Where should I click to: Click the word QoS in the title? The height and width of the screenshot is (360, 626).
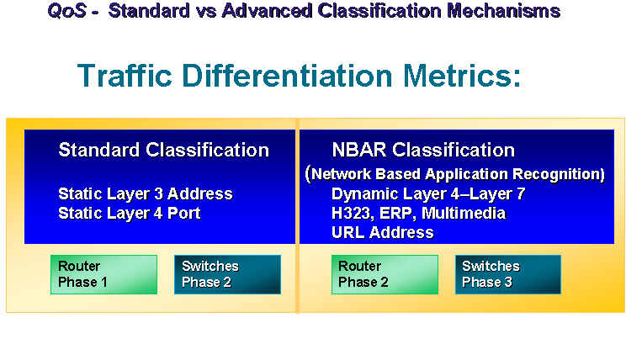pos(66,11)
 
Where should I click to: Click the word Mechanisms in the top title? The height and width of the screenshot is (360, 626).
pos(503,10)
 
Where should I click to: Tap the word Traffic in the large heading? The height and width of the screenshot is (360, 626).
pos(125,75)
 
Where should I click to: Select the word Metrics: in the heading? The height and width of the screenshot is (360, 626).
pos(462,75)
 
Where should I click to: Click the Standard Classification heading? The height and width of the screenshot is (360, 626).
pos(164,150)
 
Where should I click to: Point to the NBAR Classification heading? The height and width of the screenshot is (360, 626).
pos(423,150)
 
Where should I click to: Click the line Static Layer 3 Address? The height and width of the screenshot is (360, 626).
pos(146,194)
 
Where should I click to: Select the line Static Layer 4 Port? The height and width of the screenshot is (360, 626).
pos(130,213)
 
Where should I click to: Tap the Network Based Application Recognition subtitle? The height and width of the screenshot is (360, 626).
pos(454,174)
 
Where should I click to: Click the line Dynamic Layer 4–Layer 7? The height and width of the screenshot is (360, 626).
pos(428,194)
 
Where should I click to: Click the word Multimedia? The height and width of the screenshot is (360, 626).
pos(464,213)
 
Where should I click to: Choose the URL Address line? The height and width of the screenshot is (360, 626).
pos(383,232)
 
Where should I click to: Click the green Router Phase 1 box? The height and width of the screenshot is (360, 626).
pos(103,274)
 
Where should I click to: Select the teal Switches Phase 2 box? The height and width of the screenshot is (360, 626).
pos(227,274)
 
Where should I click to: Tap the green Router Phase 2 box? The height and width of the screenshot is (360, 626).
pos(385,274)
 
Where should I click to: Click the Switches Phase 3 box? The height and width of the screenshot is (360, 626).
pos(508,274)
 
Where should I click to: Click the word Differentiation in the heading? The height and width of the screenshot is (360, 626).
pos(287,75)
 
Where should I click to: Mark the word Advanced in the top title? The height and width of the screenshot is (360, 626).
pos(267,10)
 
